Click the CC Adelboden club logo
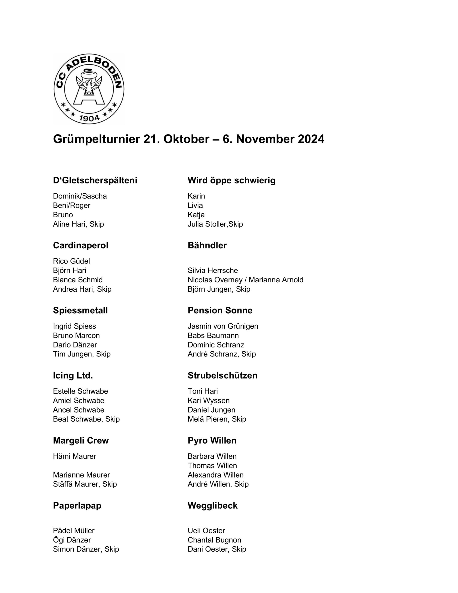point(89,89)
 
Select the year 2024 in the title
point(311,139)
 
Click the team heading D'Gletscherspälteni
point(95,180)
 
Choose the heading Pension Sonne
point(220,310)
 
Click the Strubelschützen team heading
point(222,375)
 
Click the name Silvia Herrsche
point(213,270)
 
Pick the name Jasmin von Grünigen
point(223,326)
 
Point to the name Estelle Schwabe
point(80,391)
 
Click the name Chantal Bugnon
point(214,540)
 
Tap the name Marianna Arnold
point(276,280)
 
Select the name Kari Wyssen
point(208,401)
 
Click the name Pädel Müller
point(74,530)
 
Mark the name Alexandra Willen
point(216,475)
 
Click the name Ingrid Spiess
point(74,326)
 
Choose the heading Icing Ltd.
point(73,375)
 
